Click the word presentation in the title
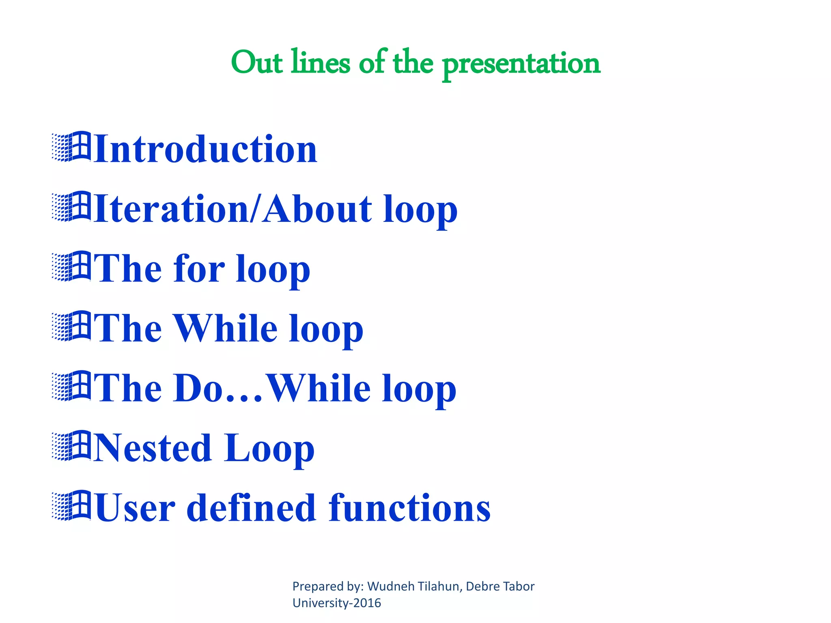pyautogui.click(x=521, y=64)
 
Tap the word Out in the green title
pyautogui.click(x=256, y=63)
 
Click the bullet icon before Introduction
pyautogui.click(x=71, y=147)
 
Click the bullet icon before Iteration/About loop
pyautogui.click(x=71, y=206)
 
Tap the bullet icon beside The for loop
pyautogui.click(x=71, y=266)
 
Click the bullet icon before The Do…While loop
pyautogui.click(x=71, y=386)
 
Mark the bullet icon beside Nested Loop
pyautogui.click(x=71, y=446)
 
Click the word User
pyautogui.click(x=135, y=508)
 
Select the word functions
pyautogui.click(x=409, y=508)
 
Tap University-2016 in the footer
pyautogui.click(x=337, y=603)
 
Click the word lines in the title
pyautogui.click(x=320, y=63)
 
